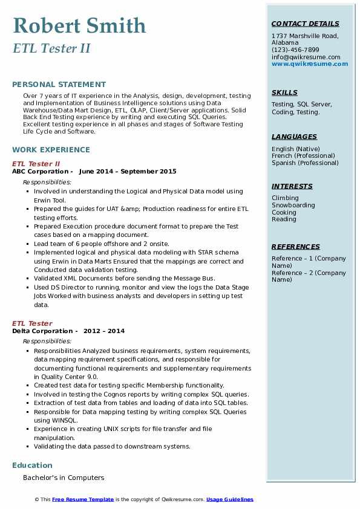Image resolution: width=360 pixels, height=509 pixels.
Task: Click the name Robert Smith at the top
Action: click(x=79, y=26)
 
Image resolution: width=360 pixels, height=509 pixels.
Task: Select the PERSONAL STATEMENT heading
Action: click(x=59, y=85)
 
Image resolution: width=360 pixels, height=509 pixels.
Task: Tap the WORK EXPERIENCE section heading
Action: click(x=51, y=150)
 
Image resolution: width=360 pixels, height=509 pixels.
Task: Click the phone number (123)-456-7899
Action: click(x=295, y=50)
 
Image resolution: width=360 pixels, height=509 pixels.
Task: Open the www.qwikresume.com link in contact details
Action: click(x=310, y=64)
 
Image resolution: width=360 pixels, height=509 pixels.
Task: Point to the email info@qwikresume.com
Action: click(x=306, y=57)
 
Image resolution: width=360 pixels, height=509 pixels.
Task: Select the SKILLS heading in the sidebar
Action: click(x=284, y=92)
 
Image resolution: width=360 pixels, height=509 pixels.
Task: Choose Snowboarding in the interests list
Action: click(x=293, y=206)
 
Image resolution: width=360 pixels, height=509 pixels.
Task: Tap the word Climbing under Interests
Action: click(x=285, y=198)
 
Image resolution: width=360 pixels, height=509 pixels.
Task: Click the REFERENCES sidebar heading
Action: click(x=296, y=247)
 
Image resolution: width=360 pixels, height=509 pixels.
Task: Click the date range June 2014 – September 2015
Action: click(x=128, y=172)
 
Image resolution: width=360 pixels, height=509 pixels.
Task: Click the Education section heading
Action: click(x=32, y=465)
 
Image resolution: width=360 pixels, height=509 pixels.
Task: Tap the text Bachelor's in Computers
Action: click(x=64, y=478)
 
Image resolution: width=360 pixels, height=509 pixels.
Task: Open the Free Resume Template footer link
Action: click(x=83, y=499)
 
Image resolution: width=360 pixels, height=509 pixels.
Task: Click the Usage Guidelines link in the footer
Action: click(x=230, y=499)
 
